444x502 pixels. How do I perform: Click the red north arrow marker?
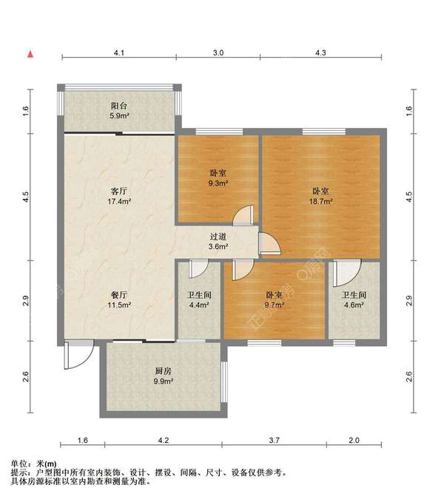30,55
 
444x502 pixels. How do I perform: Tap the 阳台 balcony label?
119,106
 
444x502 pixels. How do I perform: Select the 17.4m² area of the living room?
119,202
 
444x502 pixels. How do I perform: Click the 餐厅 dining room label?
119,295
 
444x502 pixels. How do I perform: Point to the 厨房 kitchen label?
163,371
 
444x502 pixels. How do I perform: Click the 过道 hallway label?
218,237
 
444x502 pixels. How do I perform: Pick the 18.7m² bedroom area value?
320,202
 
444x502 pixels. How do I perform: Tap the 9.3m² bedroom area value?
218,183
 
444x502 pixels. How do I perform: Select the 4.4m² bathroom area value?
199,305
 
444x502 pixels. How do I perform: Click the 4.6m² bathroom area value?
354,305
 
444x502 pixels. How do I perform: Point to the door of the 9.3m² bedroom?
244,214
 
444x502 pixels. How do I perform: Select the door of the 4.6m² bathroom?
346,273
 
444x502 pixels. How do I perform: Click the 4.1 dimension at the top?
119,52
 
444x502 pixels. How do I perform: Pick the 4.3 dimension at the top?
320,52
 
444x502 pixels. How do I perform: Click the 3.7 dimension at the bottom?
275,441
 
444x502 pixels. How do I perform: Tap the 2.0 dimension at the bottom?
354,441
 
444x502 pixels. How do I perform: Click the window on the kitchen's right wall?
224,381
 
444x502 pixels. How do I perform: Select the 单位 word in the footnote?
18,464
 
